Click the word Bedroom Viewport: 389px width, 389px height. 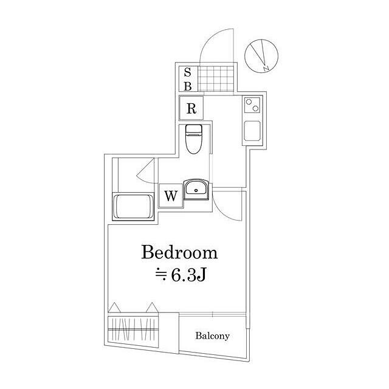[179, 252]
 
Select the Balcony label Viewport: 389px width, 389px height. [212, 336]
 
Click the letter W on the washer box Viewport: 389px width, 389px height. [171, 196]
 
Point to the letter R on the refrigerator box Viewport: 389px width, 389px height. [191, 108]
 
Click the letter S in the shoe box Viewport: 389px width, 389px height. [188, 73]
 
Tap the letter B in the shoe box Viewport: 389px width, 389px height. [188, 86]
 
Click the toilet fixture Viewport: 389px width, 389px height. [193, 139]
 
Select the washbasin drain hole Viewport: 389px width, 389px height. [196, 190]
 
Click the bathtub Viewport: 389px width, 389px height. [134, 207]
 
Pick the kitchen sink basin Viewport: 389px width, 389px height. [252, 131]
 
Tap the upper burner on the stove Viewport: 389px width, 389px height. [249, 102]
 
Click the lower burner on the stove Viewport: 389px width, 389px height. [255, 108]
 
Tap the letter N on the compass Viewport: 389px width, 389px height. [266, 67]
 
